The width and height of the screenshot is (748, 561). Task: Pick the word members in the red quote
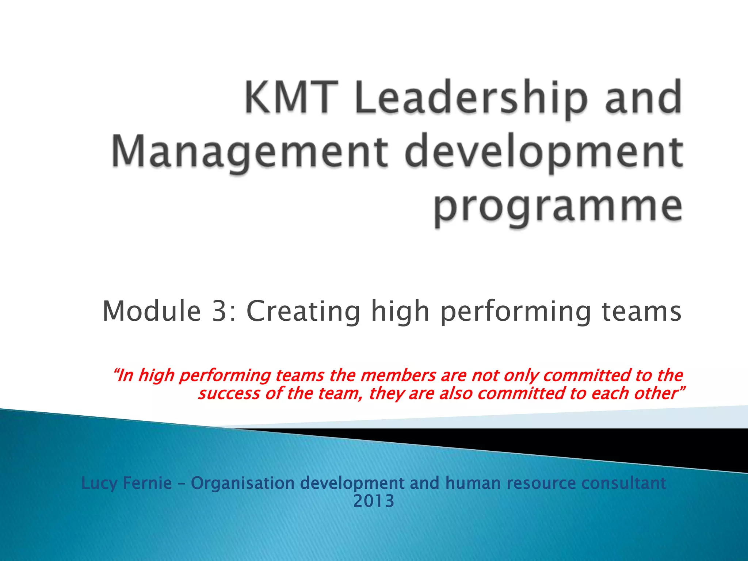click(398, 375)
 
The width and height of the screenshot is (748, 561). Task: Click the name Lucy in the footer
click(99, 483)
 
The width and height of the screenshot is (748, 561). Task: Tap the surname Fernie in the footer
click(147, 483)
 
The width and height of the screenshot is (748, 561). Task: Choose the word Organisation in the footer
click(243, 483)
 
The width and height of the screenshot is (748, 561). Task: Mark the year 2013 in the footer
click(374, 501)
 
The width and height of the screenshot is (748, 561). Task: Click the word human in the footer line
click(473, 483)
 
